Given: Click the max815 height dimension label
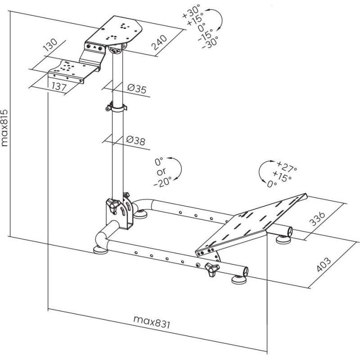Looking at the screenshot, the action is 5,128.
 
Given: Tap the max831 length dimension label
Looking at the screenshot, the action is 152,322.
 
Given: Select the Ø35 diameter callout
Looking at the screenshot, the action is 137,88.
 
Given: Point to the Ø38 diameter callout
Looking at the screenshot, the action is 136,140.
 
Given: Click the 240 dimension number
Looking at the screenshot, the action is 159,42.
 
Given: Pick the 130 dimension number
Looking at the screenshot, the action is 50,45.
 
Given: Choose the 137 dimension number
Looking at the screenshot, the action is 59,86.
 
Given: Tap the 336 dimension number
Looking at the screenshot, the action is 318,218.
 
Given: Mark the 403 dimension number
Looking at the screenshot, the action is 324,264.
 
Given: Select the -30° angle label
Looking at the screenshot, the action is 210,43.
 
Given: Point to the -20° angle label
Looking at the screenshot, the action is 162,181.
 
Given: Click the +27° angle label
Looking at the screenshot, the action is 287,166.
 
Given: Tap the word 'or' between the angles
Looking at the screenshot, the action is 162,172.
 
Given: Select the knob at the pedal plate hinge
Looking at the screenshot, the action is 212,269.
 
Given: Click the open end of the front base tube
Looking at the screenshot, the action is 246,272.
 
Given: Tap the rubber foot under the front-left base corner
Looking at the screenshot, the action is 100,250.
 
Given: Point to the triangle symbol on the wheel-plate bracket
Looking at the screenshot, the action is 94,48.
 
